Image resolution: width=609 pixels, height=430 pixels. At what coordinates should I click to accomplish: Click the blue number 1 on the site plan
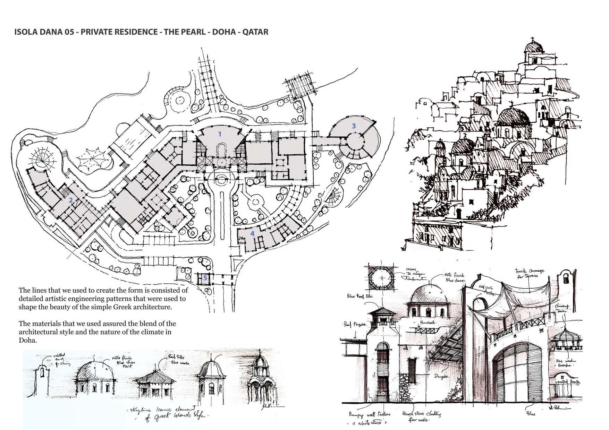[x=219, y=134]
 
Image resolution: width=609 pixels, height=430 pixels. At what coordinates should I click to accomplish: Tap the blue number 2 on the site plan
[x=71, y=200]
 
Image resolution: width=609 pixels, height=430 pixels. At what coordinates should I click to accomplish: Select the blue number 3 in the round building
[x=354, y=126]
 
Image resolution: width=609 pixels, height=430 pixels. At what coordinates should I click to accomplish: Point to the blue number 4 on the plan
[x=252, y=233]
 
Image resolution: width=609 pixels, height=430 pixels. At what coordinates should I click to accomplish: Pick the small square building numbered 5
[x=205, y=278]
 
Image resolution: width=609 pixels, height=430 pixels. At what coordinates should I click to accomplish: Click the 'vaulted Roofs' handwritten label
[x=568, y=381]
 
